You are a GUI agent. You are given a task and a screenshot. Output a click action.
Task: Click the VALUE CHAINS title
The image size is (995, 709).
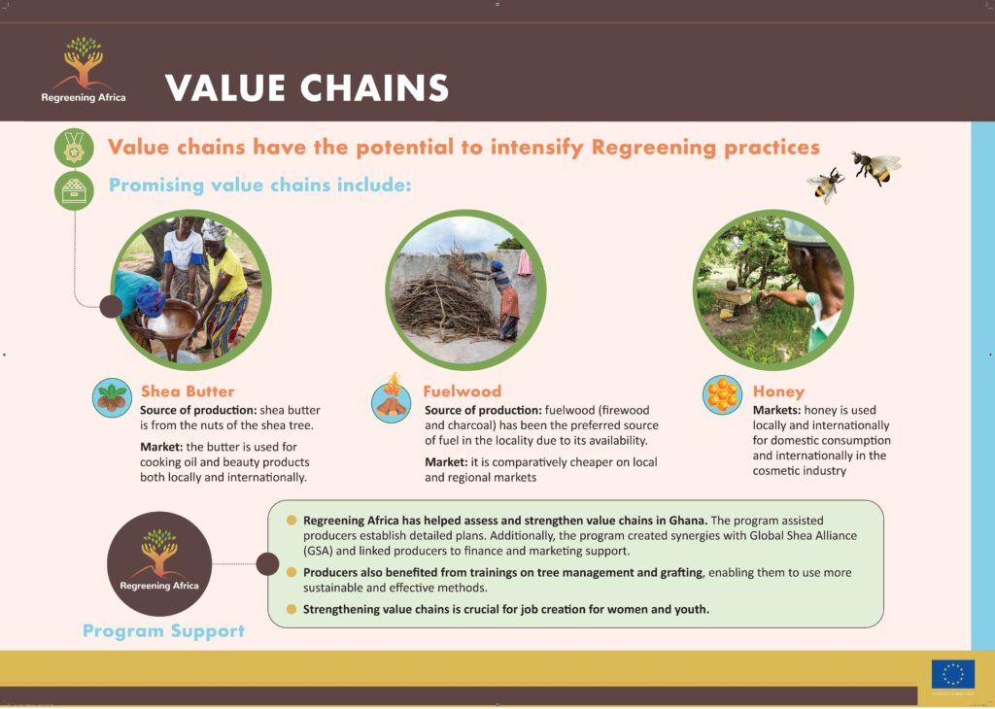(x=307, y=88)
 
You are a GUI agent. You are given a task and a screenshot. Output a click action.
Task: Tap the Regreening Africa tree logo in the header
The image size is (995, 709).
(x=84, y=69)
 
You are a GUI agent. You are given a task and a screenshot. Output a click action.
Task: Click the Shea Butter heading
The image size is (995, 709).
(x=188, y=391)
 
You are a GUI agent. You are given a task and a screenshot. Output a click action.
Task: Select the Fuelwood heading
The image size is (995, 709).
(x=462, y=391)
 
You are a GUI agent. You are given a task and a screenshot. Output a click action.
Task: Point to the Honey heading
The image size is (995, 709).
(x=778, y=392)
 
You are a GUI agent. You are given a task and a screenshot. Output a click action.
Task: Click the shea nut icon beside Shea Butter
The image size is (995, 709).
(x=112, y=397)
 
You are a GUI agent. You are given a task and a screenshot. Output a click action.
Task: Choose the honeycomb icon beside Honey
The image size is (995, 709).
(x=722, y=394)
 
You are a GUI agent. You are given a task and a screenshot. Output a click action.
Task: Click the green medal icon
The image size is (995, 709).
(x=74, y=148)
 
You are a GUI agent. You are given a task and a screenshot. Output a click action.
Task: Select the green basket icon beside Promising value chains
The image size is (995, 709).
(x=74, y=190)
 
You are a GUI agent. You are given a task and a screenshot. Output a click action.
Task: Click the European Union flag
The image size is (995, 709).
(x=953, y=674)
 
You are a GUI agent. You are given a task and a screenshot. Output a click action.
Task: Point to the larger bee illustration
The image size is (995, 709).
(x=875, y=167)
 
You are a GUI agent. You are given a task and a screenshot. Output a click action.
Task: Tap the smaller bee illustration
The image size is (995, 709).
(x=826, y=185)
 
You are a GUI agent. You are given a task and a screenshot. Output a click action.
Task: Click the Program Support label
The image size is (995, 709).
(x=163, y=631)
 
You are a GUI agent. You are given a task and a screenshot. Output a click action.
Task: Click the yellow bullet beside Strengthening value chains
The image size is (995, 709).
(x=292, y=609)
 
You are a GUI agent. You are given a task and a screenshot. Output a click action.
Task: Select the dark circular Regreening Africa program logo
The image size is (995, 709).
(x=159, y=563)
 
